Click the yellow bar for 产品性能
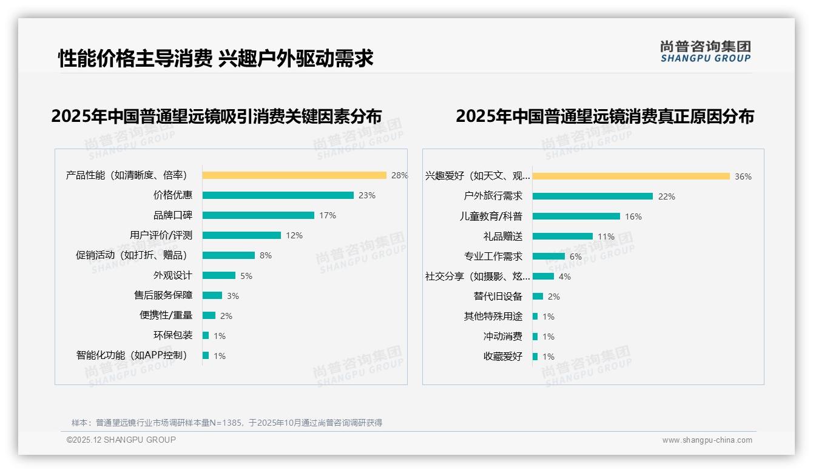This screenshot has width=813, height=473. point(294,175)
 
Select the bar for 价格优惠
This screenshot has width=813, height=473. point(278,195)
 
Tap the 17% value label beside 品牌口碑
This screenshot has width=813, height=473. point(328,215)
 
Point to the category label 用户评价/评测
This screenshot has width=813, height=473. point(161,235)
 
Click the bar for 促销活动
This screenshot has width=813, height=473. point(229,255)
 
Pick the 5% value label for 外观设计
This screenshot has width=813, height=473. point(246,276)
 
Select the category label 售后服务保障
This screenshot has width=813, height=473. point(163,295)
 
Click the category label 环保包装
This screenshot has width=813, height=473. point(173,335)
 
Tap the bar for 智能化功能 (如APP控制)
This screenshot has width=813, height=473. point(206,355)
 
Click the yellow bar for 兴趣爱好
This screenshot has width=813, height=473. point(631,176)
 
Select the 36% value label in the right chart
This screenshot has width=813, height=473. point(743,176)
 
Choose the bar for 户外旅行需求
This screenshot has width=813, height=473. point(593,196)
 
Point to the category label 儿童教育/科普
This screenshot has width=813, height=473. point(491,216)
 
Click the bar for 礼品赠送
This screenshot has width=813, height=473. point(562,236)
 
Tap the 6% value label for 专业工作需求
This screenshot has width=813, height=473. point(575,257)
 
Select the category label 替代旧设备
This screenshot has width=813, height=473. point(498,297)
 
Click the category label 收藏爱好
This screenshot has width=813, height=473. point(503,357)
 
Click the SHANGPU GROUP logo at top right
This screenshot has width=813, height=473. point(706,51)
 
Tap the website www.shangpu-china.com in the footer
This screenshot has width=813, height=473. point(707,440)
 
